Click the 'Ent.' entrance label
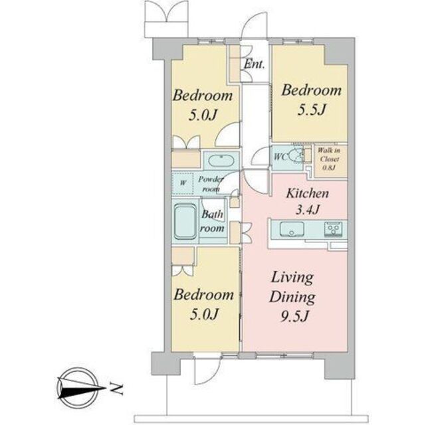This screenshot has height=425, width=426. [x=254, y=64]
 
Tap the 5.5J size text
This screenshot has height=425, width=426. [x=311, y=110]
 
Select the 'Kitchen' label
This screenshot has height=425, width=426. [x=308, y=193]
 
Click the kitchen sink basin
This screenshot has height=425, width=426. [x=292, y=230]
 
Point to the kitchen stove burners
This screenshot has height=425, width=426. [x=332, y=229]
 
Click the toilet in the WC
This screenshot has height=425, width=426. [x=296, y=156]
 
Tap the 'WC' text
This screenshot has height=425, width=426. [x=280, y=157]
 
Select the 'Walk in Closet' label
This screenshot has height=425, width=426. [x=329, y=155]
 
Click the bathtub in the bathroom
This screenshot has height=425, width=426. [x=185, y=222]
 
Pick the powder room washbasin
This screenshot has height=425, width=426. [x=221, y=161]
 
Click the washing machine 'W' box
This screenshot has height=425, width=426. [x=183, y=183]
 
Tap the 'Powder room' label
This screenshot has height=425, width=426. [x=211, y=184]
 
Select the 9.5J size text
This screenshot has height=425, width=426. [x=294, y=316]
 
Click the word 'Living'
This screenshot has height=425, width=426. [x=292, y=278]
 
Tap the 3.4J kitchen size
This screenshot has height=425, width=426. [x=308, y=210]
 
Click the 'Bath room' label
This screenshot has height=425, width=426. [x=213, y=221]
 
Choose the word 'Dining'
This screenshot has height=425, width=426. [x=292, y=297]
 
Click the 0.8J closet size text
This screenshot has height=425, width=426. [x=329, y=168]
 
